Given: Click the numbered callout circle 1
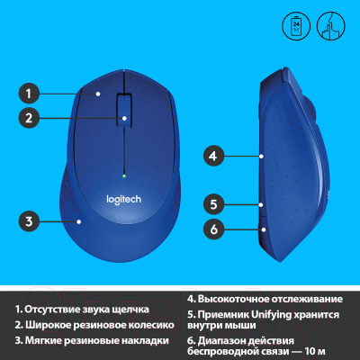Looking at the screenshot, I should (28, 92).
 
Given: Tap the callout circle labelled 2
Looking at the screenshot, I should (28, 117).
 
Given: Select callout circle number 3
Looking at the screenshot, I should (28, 220).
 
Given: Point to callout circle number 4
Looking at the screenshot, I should (213, 155).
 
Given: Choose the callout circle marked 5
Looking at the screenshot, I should (213, 202).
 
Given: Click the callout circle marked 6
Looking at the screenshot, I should (213, 229).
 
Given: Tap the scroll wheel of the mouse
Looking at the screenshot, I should (124, 112).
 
